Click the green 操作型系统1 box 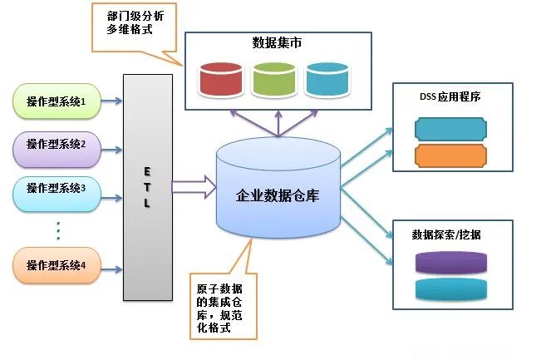pyautogui.click(x=57, y=101)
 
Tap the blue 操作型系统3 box pyautogui.click(x=57, y=194)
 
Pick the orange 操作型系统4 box pyautogui.click(x=57, y=265)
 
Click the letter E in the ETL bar pyautogui.click(x=147, y=171)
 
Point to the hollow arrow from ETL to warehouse pyautogui.click(x=194, y=187)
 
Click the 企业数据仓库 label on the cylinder pyautogui.click(x=278, y=195)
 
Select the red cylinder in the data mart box pyautogui.click(x=221, y=79)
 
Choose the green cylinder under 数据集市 pyautogui.click(x=274, y=79)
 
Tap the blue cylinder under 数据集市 pyautogui.click(x=327, y=79)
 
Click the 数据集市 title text pyautogui.click(x=277, y=43)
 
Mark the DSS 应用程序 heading pyautogui.click(x=450, y=96)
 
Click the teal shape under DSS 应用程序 pyautogui.click(x=451, y=129)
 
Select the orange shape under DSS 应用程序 pyautogui.click(x=451, y=155)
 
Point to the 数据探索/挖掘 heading pyautogui.click(x=446, y=234)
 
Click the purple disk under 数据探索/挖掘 pyautogui.click(x=451, y=263)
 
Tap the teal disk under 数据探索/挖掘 pyautogui.click(x=451, y=288)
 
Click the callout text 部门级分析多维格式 pyautogui.click(x=135, y=22)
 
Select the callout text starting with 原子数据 pyautogui.click(x=219, y=308)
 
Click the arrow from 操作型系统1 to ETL pyautogui.click(x=111, y=101)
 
